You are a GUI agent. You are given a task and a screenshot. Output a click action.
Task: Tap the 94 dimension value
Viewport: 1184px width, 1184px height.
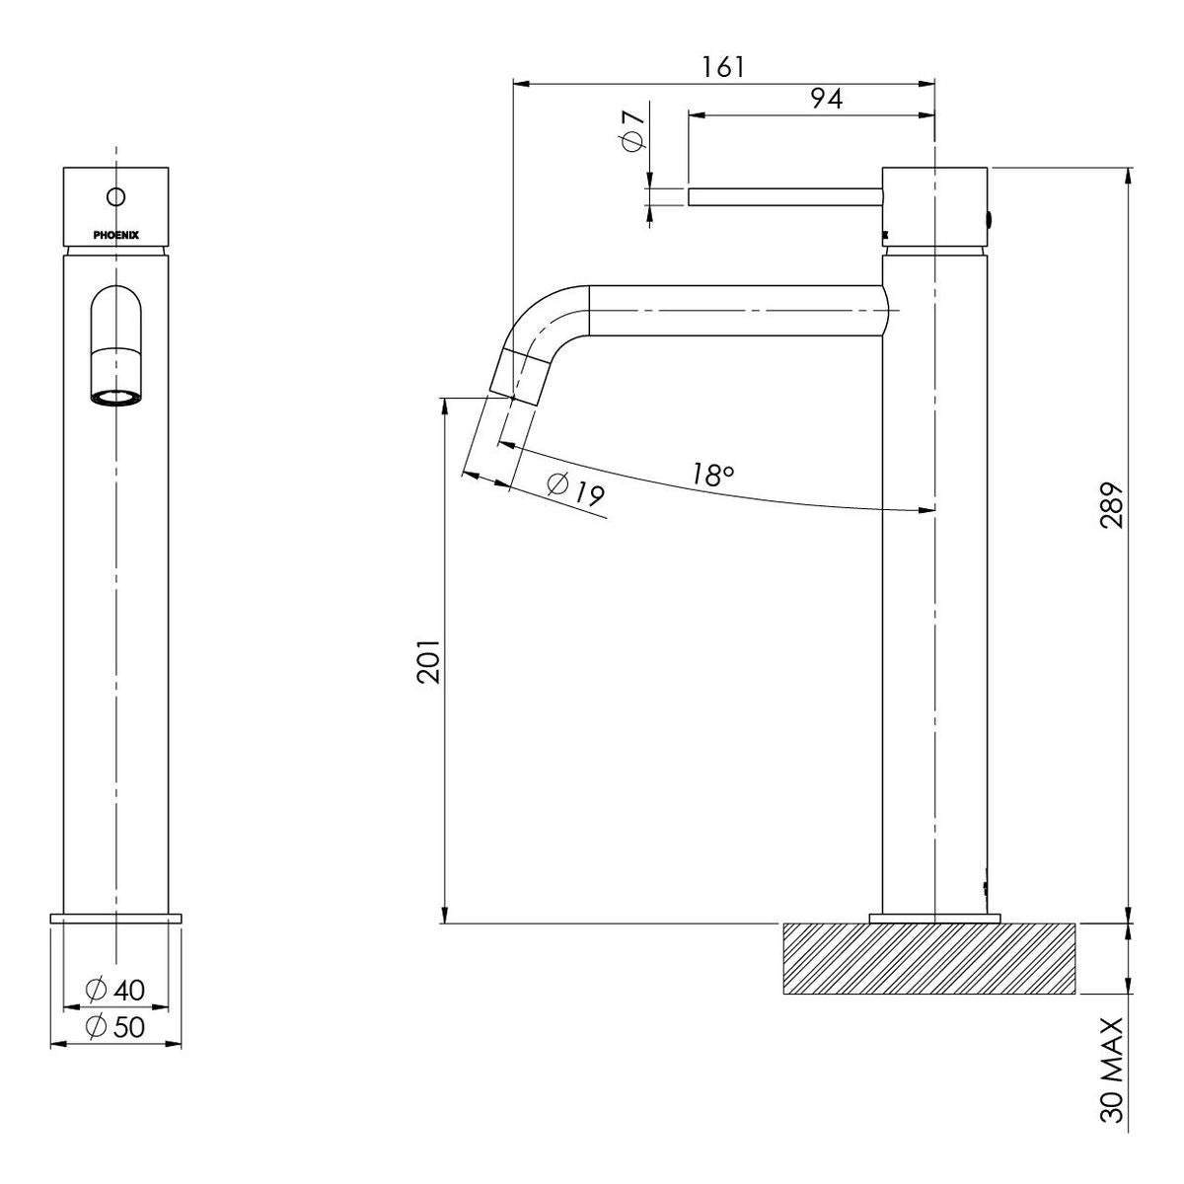[827, 99]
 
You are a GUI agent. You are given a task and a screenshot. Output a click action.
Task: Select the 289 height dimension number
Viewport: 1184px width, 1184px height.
[1112, 505]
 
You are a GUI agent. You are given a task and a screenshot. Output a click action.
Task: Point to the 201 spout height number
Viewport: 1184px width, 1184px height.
[428, 661]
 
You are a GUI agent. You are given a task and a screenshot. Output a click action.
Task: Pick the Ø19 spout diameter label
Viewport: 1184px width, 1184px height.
[575, 490]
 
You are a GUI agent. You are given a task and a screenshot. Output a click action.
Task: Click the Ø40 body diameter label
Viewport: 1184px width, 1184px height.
[115, 990]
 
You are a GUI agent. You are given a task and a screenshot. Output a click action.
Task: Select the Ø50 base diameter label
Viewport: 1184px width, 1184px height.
[115, 1027]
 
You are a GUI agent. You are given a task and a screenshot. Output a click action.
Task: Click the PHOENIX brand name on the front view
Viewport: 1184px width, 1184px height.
[116, 235]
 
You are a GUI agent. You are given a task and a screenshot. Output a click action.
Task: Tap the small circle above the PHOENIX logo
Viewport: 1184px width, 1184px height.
[116, 196]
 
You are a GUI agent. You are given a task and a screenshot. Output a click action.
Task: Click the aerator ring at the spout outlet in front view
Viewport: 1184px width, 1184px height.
[116, 399]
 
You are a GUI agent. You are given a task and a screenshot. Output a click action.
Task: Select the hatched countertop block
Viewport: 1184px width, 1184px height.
[928, 967]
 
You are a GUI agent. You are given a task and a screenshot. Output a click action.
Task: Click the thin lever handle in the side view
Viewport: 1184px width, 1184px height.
[785, 196]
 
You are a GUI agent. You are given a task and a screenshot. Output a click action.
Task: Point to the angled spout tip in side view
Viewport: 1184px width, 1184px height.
[518, 377]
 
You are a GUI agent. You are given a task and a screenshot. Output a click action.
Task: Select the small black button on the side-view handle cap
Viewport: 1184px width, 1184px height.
[991, 218]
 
